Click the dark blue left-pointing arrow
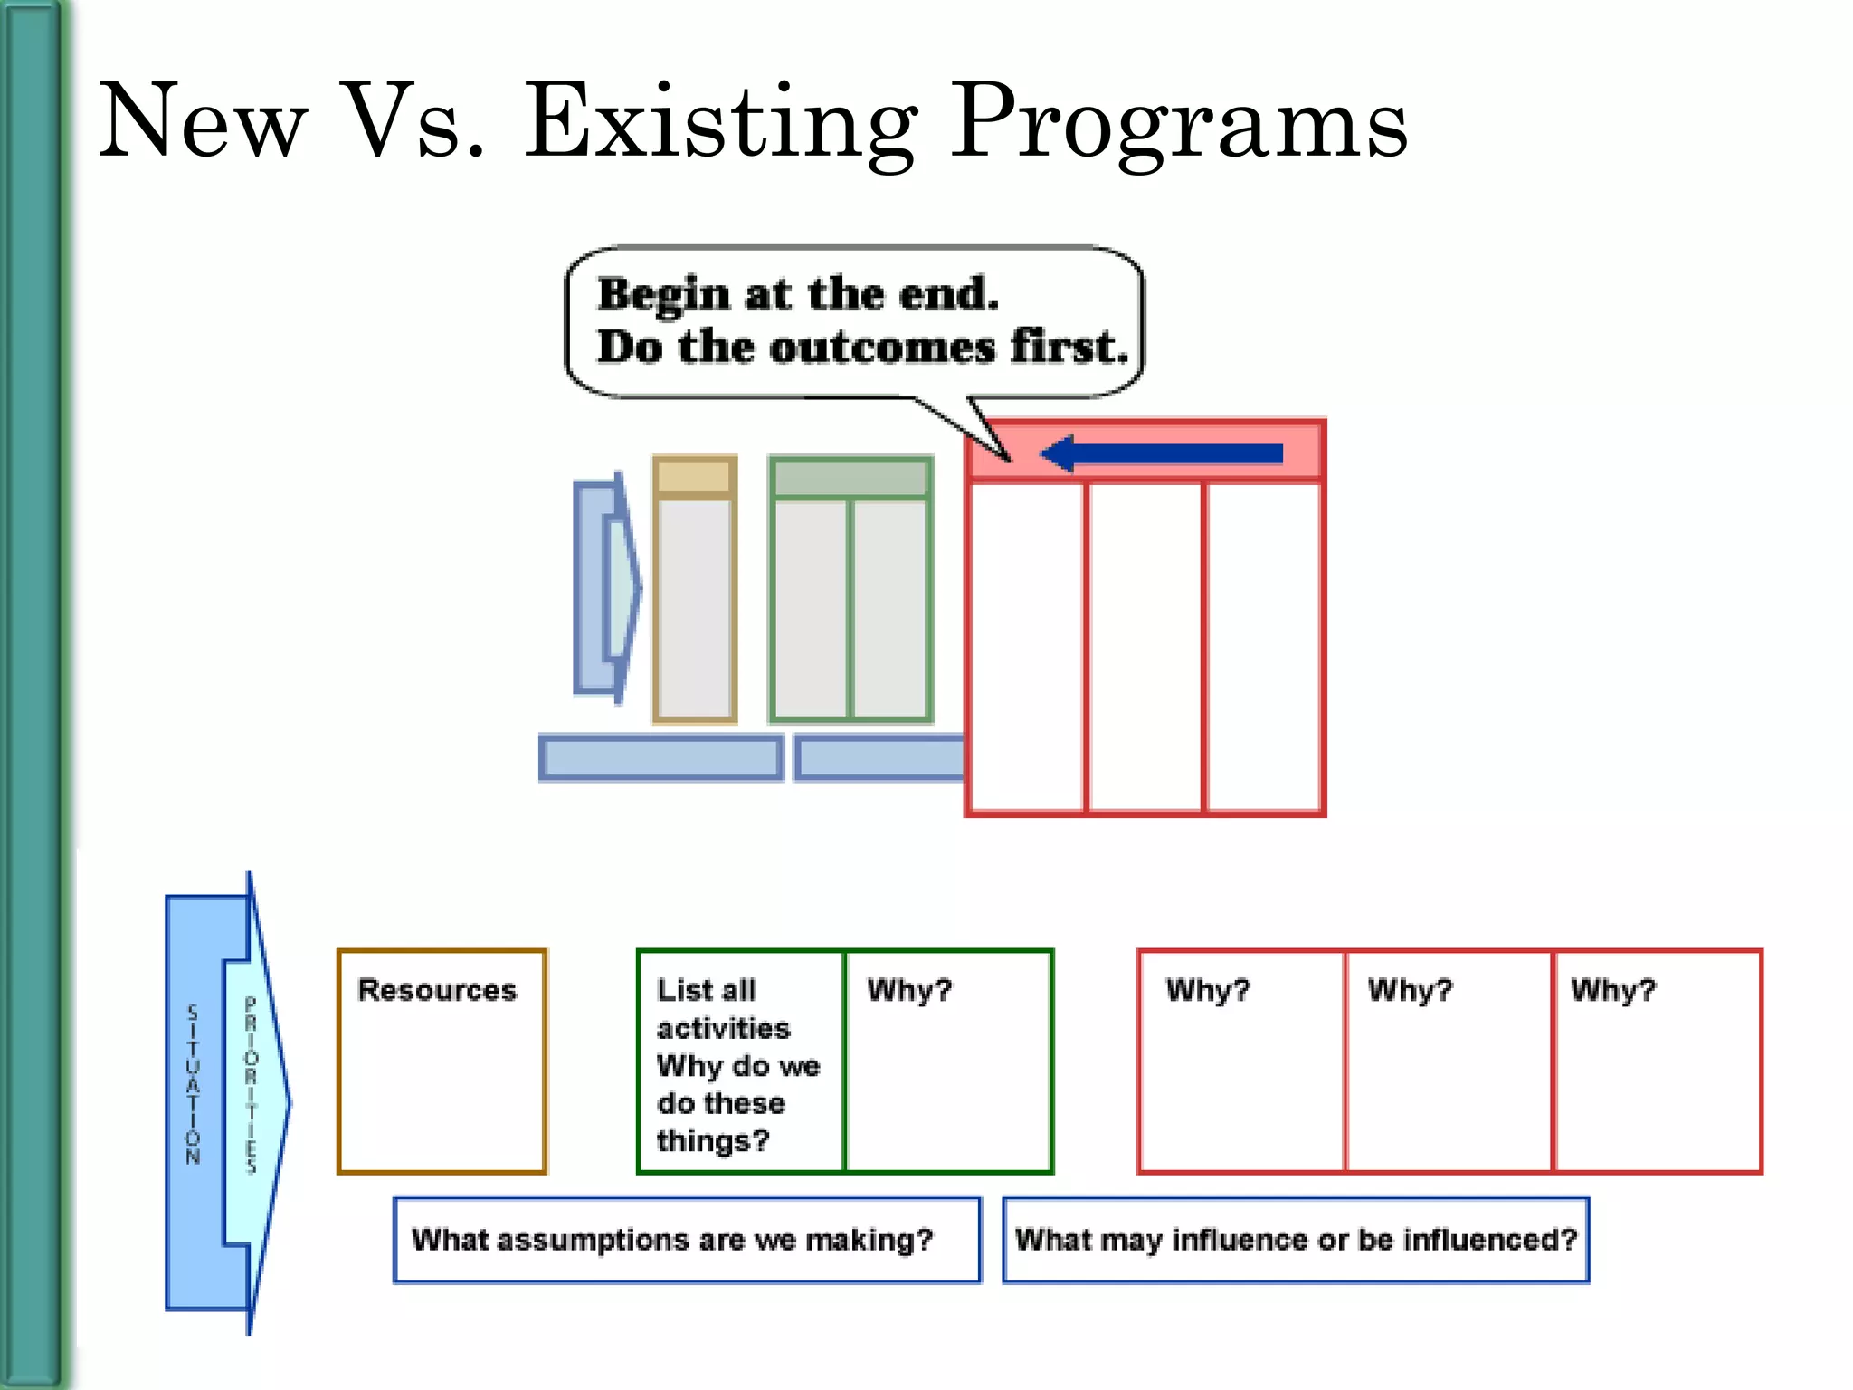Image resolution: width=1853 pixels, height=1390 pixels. click(1163, 453)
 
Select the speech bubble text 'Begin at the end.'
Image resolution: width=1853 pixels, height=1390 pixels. click(798, 294)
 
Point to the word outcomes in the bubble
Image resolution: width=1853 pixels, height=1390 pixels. click(882, 347)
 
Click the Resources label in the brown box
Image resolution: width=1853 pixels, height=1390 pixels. click(437, 990)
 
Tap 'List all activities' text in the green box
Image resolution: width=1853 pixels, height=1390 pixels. click(723, 1009)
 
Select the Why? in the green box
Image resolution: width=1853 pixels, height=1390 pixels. click(909, 990)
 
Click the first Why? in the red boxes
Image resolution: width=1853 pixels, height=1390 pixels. click(1207, 990)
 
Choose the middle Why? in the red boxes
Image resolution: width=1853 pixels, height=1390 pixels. click(1410, 990)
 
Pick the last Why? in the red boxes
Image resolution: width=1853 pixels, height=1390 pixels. click(1612, 990)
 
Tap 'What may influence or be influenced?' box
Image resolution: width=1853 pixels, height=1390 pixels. click(1295, 1240)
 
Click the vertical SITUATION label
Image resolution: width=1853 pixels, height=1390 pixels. click(193, 1084)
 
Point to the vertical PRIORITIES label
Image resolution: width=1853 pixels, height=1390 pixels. click(252, 1084)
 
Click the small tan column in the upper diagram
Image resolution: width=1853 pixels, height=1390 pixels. click(694, 606)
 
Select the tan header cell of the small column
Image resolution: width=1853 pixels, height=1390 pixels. click(694, 476)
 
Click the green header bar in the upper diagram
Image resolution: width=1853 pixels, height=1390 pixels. click(850, 478)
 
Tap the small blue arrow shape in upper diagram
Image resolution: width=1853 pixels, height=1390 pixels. click(606, 588)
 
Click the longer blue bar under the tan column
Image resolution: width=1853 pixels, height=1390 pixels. click(660, 757)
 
